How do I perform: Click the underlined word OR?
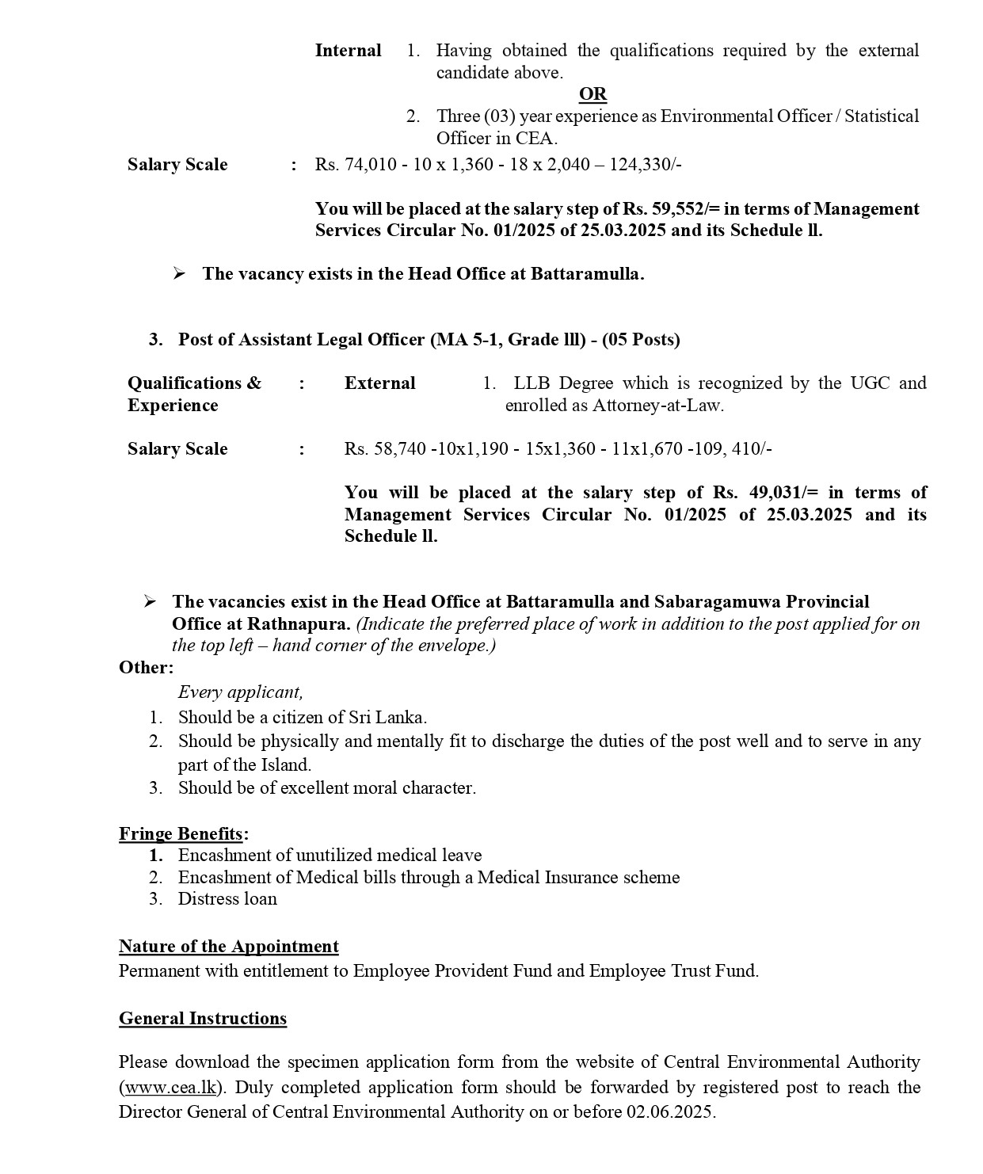click(x=592, y=94)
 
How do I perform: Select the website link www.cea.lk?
click(x=170, y=1087)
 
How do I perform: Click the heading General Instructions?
click(x=203, y=1019)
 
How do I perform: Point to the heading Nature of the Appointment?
click(x=228, y=947)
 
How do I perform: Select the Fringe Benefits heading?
click(x=181, y=833)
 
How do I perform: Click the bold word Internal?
click(x=348, y=51)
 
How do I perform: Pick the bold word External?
click(x=379, y=383)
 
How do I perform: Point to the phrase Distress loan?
click(x=227, y=898)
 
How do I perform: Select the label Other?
click(x=146, y=667)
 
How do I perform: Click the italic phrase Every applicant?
click(x=240, y=692)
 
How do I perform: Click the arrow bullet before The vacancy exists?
click(x=179, y=274)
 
